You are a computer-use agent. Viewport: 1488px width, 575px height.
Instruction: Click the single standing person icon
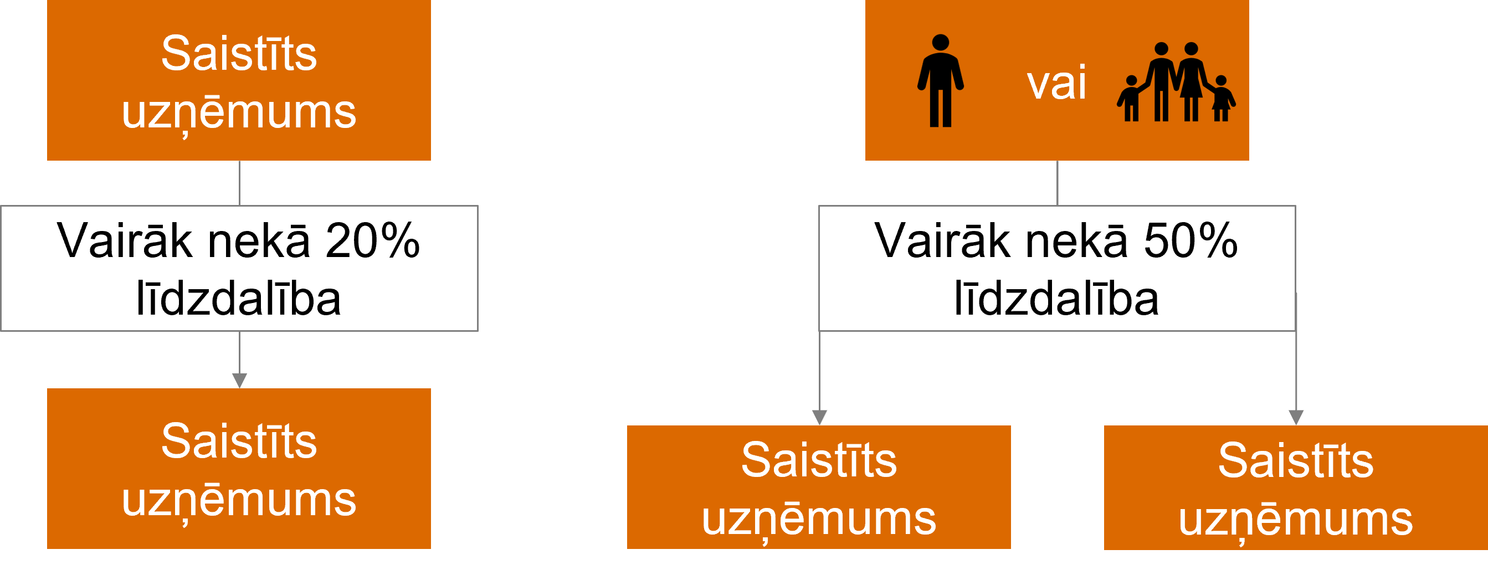click(941, 81)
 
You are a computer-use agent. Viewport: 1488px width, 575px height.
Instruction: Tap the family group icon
click(1176, 82)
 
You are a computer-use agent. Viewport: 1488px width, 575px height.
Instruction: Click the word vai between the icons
click(1056, 83)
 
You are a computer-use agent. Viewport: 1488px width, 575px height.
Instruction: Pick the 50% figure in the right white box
click(1191, 240)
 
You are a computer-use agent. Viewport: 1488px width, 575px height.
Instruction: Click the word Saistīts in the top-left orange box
click(239, 53)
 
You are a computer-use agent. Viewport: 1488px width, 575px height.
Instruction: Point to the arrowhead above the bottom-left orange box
click(240, 381)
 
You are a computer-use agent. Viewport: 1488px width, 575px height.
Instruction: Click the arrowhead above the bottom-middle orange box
click(820, 418)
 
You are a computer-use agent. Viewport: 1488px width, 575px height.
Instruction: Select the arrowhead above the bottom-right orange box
click(1296, 418)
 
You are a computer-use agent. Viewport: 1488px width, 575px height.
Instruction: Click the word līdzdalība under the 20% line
click(239, 298)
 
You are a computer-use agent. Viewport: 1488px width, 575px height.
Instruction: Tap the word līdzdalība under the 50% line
click(1056, 298)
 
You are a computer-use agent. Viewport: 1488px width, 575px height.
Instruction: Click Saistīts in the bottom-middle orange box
click(819, 460)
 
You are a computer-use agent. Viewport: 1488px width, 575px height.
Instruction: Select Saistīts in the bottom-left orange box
click(239, 441)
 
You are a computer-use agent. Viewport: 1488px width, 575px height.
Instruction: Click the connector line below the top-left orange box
click(240, 183)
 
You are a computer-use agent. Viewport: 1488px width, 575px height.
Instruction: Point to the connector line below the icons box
click(1057, 183)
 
